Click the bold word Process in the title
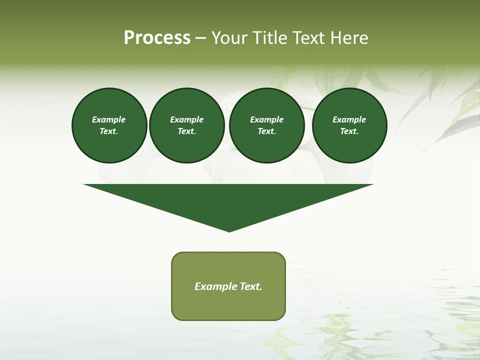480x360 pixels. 157,38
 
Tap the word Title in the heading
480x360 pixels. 268,38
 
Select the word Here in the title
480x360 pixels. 348,38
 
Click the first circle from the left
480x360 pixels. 109,125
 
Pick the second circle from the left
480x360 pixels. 186,125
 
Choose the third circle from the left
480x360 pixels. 266,125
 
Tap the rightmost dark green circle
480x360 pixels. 349,125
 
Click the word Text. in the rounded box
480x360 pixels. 251,286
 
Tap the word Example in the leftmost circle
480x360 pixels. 109,120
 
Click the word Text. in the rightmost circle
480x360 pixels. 349,131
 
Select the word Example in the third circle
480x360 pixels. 266,120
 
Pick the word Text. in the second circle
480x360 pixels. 186,131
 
